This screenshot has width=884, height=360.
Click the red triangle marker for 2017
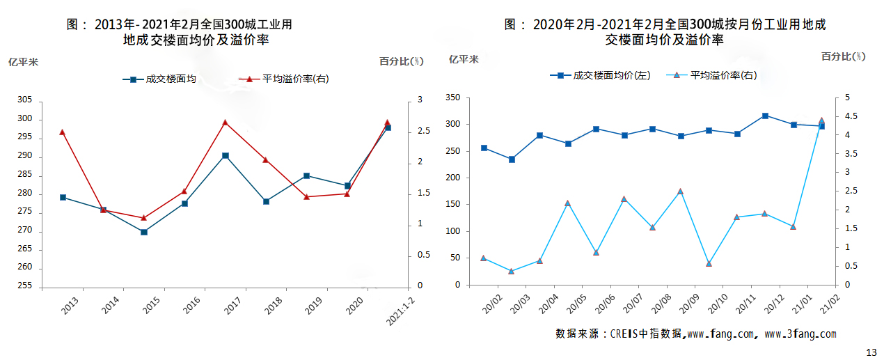pos(225,123)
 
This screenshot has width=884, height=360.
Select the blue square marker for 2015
pos(144,232)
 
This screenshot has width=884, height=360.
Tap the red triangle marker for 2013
pos(63,132)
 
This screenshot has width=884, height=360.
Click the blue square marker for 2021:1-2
pos(388,128)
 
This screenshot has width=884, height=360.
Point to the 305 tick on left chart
pos(25,100)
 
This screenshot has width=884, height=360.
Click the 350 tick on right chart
pos(452,97)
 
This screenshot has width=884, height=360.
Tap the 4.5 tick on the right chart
pos(851,116)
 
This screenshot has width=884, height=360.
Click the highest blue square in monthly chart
pos(765,116)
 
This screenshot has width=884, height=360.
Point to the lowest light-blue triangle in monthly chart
pos(512,271)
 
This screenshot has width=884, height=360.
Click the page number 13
pos(871,352)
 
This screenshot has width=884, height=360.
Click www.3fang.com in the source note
pos(800,334)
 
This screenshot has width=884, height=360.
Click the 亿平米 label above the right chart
pos(464,59)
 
